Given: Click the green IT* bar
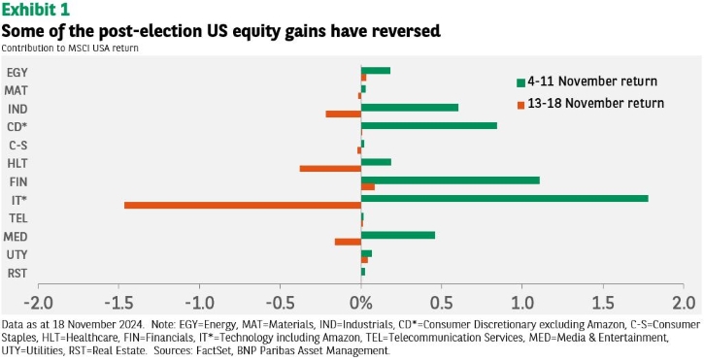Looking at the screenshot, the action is [505, 198].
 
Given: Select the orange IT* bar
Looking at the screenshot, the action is [243, 205].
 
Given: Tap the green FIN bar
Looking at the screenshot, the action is [451, 180].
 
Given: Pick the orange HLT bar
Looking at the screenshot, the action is [330, 168].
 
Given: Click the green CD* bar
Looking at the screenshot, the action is [429, 125].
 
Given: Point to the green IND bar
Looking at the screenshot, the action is [410, 108].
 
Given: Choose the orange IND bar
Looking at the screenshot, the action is [344, 114].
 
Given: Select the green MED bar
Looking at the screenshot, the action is [398, 235].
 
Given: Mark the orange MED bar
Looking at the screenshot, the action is [348, 242].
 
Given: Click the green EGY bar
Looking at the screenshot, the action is [376, 71].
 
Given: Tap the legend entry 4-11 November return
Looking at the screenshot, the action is [587, 82].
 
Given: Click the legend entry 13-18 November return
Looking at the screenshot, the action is [590, 103].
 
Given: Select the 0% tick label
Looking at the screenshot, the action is [361, 303].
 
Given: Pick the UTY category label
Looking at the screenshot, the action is [17, 255].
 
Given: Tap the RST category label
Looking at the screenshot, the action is [17, 274].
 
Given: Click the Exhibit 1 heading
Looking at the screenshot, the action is [36, 9].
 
